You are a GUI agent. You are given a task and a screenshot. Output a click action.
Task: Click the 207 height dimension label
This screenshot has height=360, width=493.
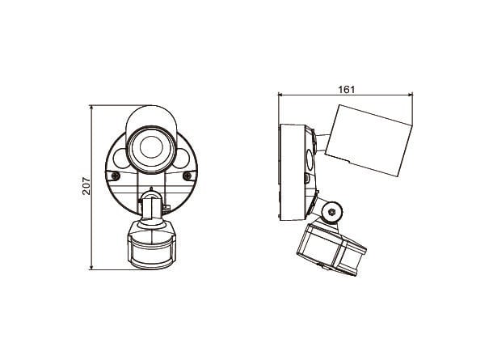86,186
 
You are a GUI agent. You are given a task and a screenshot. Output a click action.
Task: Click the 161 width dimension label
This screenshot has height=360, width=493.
347,90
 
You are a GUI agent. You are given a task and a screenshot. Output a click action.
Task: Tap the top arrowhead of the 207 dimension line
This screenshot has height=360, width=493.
91,108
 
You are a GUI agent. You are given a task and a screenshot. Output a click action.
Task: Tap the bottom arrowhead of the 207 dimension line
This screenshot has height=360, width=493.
91,267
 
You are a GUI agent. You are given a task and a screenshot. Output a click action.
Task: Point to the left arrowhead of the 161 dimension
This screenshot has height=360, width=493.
280,94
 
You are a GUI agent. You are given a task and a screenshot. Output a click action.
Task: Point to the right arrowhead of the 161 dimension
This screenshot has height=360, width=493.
411,94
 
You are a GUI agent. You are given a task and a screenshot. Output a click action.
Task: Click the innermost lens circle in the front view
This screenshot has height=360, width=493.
151,147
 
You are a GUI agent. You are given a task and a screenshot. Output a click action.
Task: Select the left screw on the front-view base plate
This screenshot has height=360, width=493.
116,176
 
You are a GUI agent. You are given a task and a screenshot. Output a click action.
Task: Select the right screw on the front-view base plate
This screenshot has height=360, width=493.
188,176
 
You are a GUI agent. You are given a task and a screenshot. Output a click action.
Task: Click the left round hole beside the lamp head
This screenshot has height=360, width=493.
120,158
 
